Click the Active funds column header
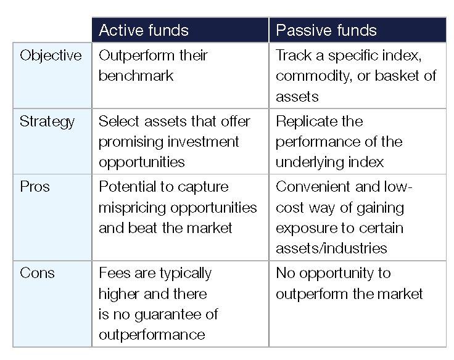(144, 30)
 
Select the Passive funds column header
(326, 30)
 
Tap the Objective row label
(51, 55)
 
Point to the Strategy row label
(47, 121)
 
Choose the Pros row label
(35, 187)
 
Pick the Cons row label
(37, 273)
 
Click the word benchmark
(136, 76)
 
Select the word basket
(397, 76)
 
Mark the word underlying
(310, 162)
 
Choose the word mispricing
(133, 208)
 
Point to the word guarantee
(168, 314)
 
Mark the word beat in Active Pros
(143, 228)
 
